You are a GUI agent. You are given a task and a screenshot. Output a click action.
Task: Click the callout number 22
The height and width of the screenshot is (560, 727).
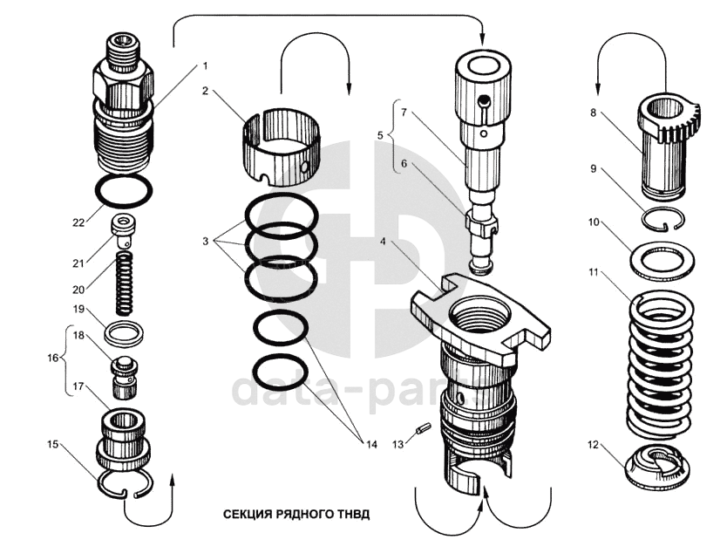point(78,222)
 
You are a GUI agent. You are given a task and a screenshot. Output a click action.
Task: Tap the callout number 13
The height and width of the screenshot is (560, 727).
point(397,445)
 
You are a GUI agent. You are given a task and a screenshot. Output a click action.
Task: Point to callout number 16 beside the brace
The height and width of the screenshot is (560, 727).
point(52,358)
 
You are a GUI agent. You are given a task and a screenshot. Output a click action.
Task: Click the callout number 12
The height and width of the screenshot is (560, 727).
point(593,446)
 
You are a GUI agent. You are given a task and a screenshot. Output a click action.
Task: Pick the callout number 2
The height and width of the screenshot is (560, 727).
point(206,90)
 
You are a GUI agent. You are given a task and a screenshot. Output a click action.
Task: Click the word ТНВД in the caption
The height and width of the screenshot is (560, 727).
point(352,514)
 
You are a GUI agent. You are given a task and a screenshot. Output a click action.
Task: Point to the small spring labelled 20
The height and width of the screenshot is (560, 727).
point(126,283)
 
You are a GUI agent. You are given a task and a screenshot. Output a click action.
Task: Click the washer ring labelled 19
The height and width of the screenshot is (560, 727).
point(124,331)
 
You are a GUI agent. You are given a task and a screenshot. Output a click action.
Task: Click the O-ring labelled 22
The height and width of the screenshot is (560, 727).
point(126,191)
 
